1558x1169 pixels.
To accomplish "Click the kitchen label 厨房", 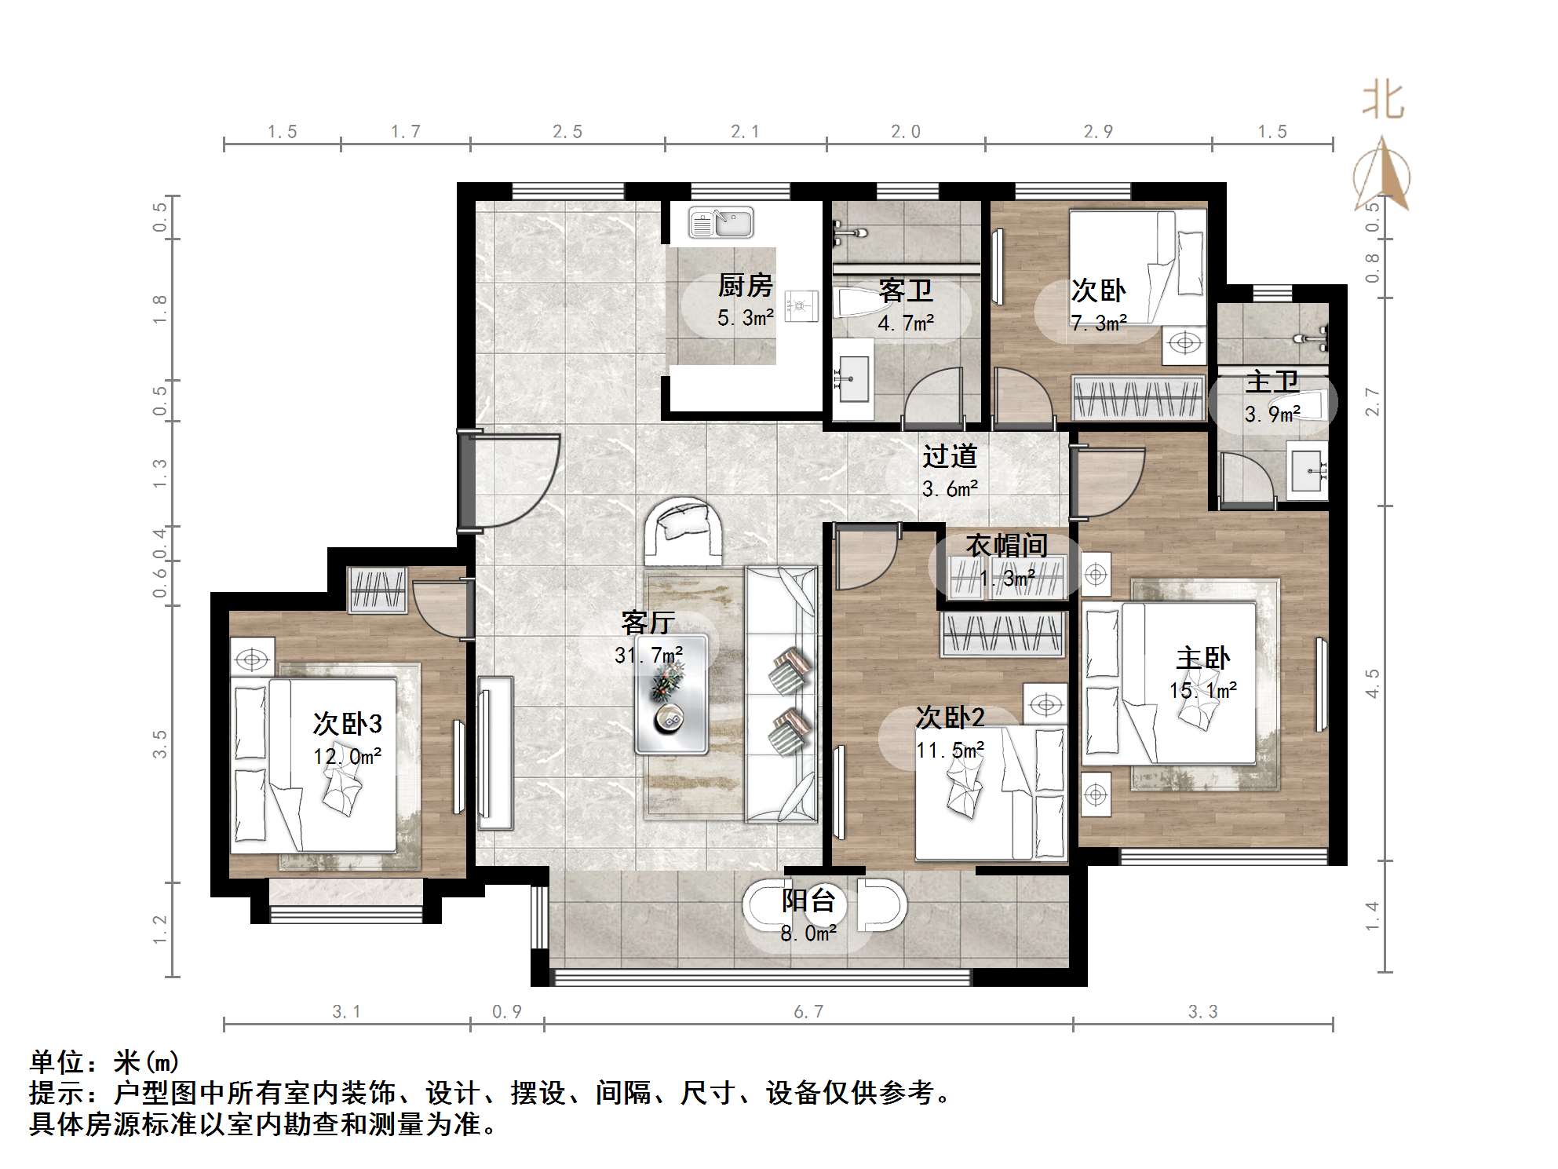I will [745, 286].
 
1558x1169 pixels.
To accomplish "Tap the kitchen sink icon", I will [721, 223].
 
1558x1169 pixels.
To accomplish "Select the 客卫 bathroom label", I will [905, 291].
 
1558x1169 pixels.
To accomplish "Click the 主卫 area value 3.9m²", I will [1272, 414].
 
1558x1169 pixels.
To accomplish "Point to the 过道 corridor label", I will [950, 456].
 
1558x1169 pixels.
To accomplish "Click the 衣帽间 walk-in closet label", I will [1006, 545].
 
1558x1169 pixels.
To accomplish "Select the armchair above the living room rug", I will [684, 532].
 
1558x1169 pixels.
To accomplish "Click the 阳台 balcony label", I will [808, 900].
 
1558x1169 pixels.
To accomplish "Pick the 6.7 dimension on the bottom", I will [808, 1011].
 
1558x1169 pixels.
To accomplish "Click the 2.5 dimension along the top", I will [567, 132].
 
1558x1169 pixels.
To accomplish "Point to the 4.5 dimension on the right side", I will [1372, 683].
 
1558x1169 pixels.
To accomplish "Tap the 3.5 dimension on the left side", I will [160, 743].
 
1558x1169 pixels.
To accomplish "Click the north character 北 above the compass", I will [1382, 102].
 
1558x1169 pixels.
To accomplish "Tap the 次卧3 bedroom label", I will [347, 723].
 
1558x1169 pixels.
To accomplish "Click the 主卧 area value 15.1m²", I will [1202, 691].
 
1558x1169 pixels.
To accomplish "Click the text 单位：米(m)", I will [105, 1062].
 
